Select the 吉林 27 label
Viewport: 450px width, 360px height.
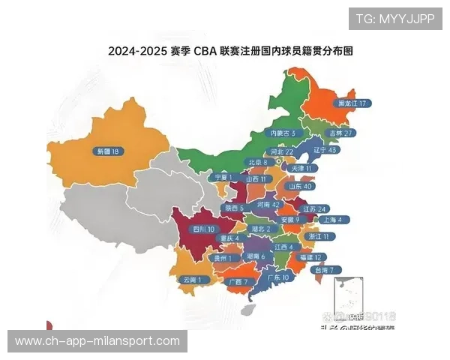tap(340, 133)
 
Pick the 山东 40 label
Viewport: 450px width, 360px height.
tap(301, 186)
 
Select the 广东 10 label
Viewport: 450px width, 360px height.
tap(277, 277)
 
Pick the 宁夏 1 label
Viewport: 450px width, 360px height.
tap(221, 177)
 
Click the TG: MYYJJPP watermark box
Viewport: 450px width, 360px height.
tap(394, 19)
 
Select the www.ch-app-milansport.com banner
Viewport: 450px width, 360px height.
tap(97, 341)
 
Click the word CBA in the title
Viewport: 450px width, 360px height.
tap(203, 52)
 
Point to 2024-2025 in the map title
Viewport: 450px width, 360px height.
tap(136, 52)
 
